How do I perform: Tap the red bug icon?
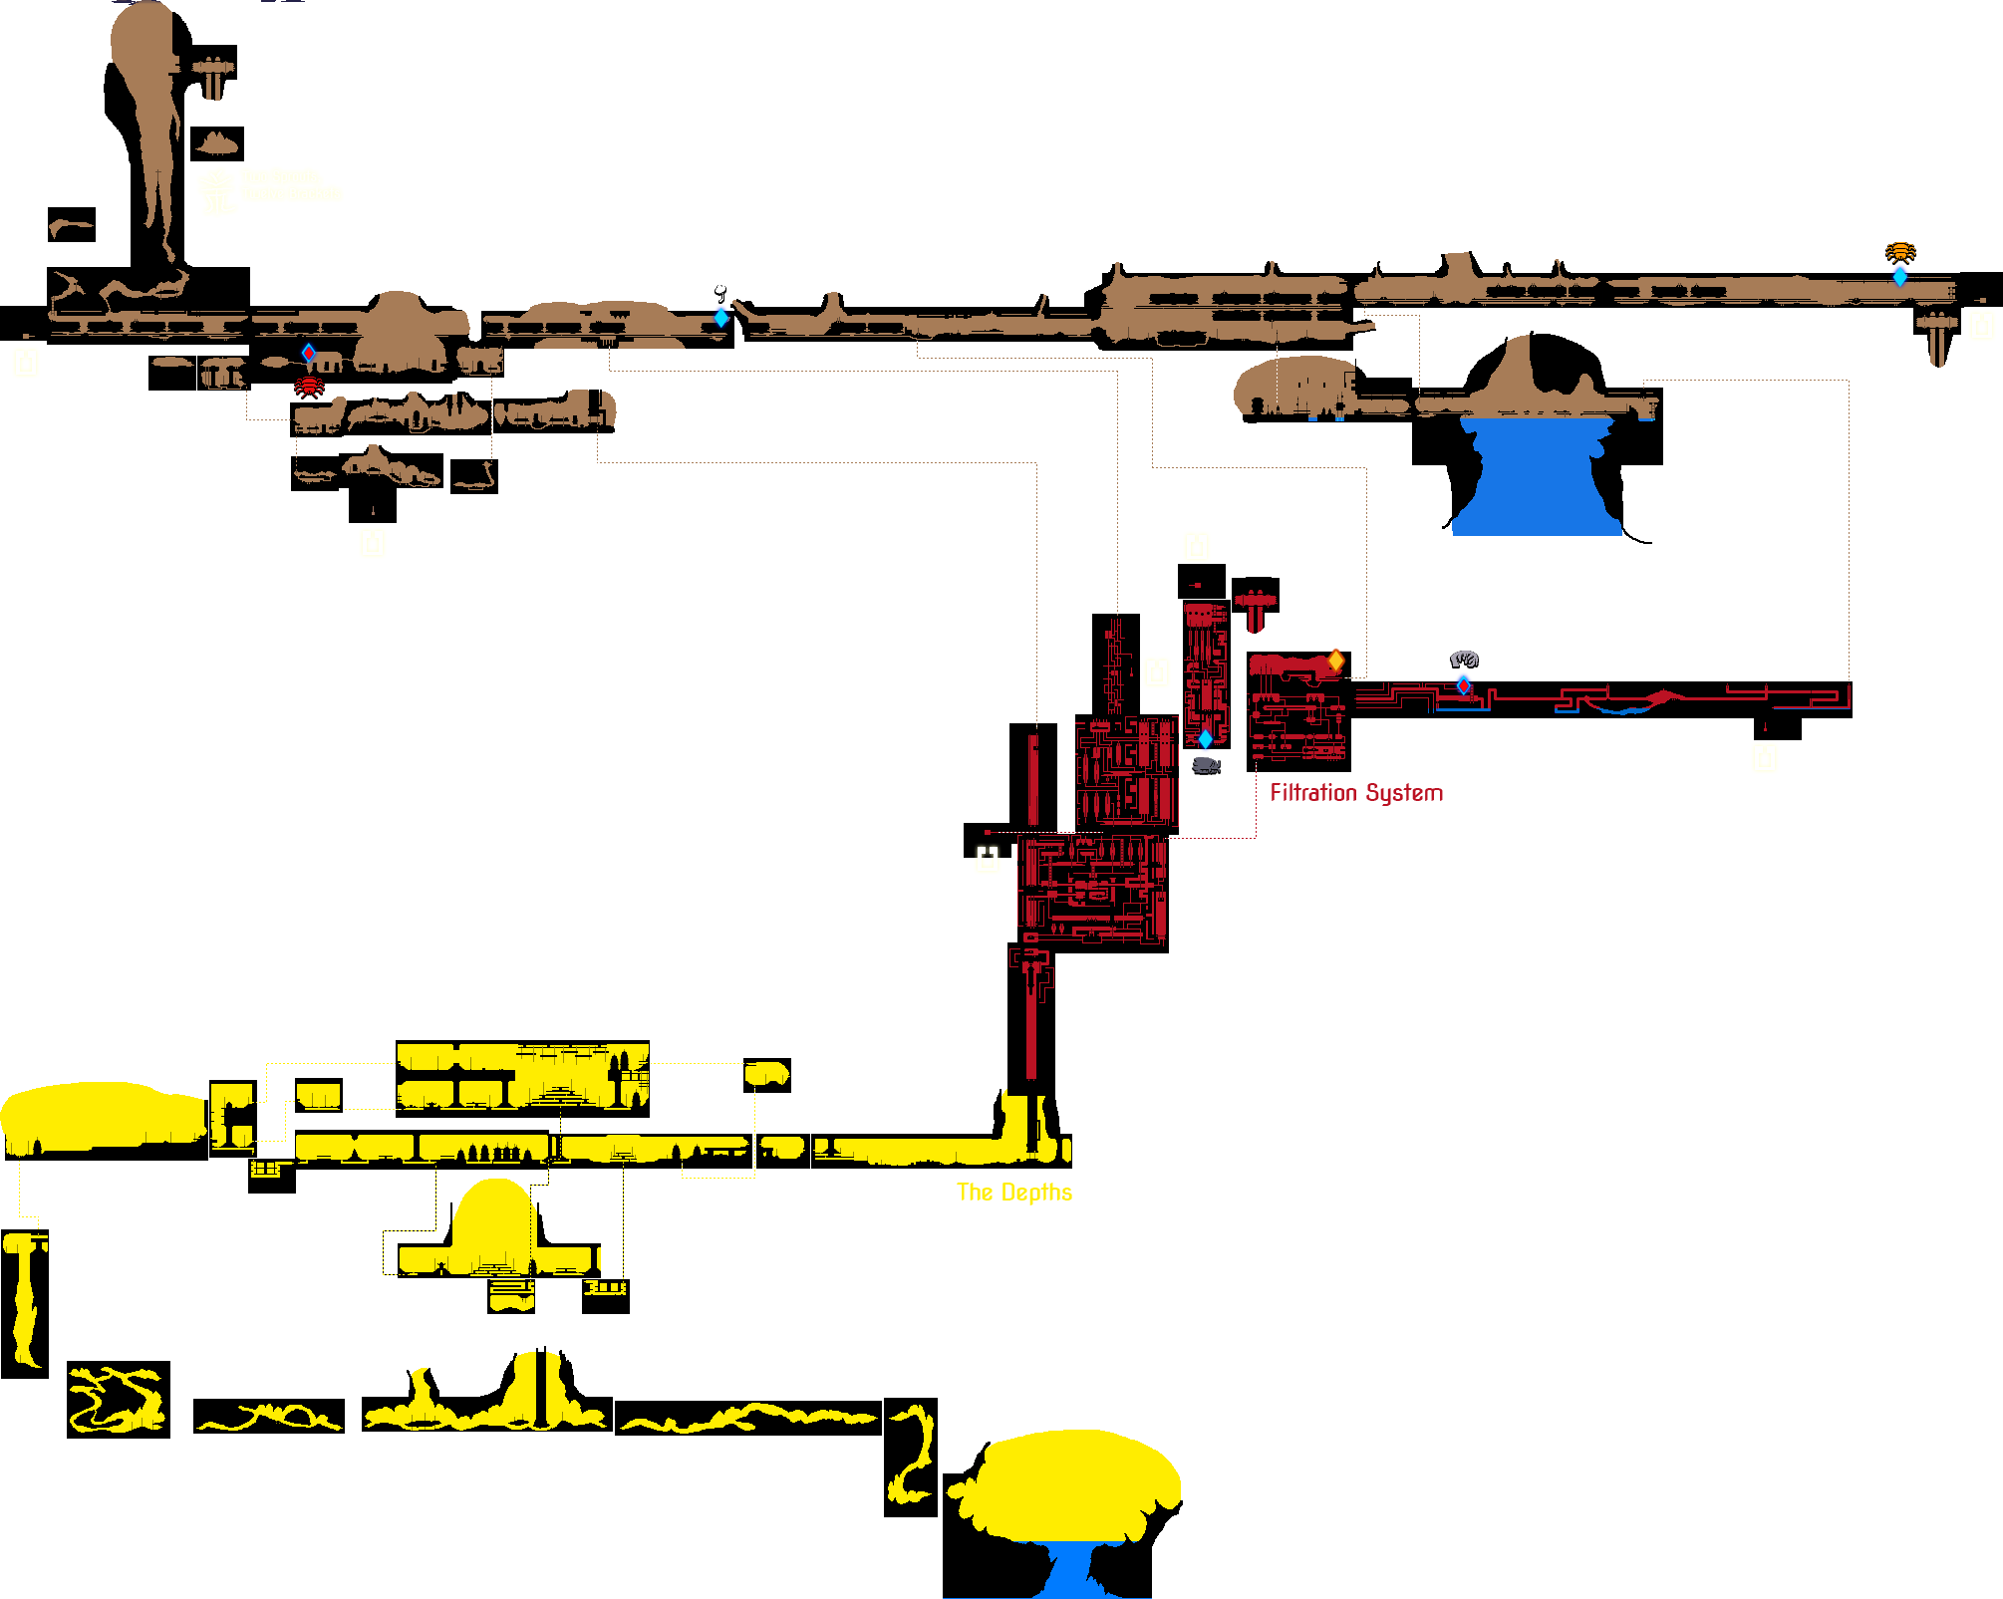309,385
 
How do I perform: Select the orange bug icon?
1900,251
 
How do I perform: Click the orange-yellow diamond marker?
1336,660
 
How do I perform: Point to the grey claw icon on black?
1464,659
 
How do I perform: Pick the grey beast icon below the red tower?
1206,765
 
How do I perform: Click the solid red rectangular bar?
1356,794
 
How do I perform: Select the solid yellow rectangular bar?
1013,1194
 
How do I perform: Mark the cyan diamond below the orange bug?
1900,276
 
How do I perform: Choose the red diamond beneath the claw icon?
1463,685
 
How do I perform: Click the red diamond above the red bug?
309,353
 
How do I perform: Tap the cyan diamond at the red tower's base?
1206,739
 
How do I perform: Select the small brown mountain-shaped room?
217,144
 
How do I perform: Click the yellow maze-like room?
118,1399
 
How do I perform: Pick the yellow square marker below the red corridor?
1765,759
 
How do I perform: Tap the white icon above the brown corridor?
720,293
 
